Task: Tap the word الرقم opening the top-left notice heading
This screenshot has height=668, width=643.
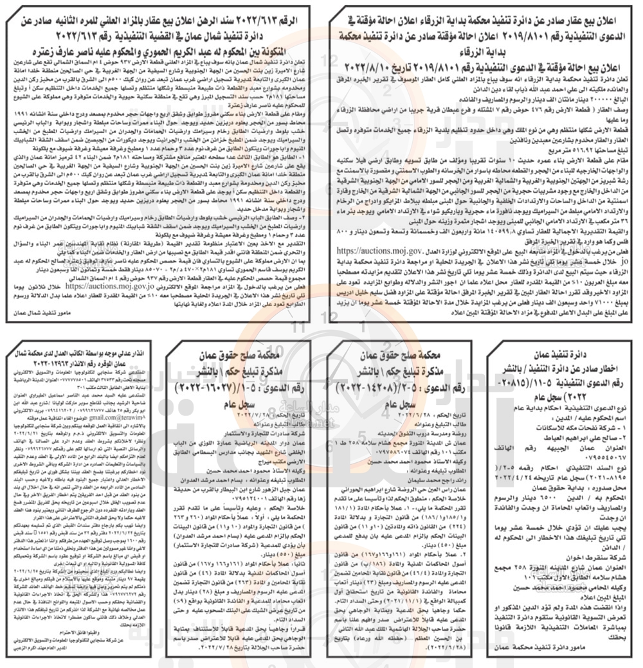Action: click(296, 12)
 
